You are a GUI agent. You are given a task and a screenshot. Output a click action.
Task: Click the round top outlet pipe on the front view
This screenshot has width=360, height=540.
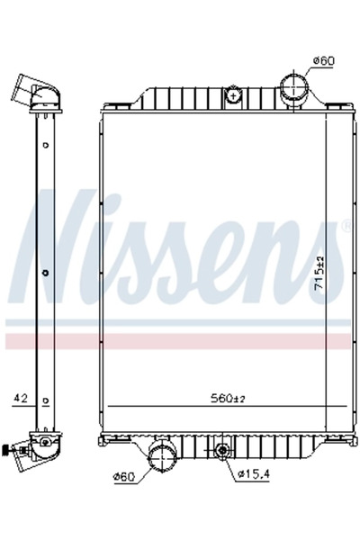coord(294,89)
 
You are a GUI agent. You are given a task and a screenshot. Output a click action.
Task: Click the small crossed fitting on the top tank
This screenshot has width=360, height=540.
coord(233,93)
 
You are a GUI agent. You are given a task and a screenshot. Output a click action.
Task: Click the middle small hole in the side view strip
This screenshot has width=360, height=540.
coord(44,272)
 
